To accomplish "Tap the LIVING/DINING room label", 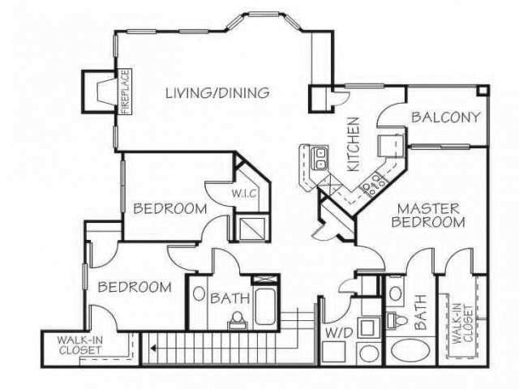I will [x=217, y=92].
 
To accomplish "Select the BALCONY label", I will [x=446, y=117].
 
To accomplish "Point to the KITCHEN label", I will [x=354, y=145].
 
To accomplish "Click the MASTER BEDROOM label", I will [x=430, y=215].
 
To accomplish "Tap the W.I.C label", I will [x=244, y=194].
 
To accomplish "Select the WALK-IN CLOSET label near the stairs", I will [x=79, y=345].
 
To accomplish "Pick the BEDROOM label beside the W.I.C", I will [x=169, y=208].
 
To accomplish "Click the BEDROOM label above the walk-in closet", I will [x=134, y=287].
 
